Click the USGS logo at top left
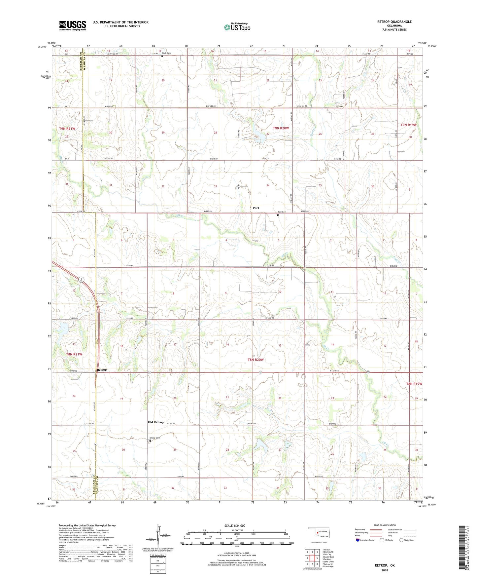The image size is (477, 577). [x=73, y=25]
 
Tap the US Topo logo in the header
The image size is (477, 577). [x=237, y=27]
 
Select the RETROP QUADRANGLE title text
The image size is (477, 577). [x=394, y=22]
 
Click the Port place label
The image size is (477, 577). [x=256, y=208]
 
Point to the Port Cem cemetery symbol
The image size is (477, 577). [x=278, y=215]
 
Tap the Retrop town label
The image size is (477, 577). [x=102, y=370]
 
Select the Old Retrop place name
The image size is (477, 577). [x=155, y=422]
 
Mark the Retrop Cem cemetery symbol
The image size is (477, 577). [x=150, y=441]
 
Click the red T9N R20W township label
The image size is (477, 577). [x=281, y=128]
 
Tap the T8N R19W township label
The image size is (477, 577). [x=414, y=384]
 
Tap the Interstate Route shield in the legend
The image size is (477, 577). [x=358, y=540]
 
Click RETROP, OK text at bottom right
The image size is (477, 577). [x=385, y=565]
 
